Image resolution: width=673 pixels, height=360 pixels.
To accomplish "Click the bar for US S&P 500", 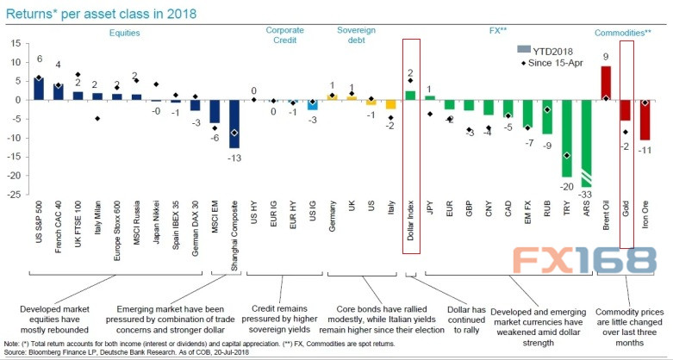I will [39, 88].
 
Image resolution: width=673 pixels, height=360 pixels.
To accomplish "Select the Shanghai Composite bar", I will [234, 124].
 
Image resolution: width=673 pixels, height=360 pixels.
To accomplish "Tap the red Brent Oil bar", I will [607, 83].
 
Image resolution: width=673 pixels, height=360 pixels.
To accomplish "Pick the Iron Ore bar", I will [645, 120].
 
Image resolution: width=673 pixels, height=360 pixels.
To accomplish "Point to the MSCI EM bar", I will [214, 111].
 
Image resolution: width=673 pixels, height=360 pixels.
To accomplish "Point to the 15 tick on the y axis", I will [18, 43].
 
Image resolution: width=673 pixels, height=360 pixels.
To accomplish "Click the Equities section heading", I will [126, 33].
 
